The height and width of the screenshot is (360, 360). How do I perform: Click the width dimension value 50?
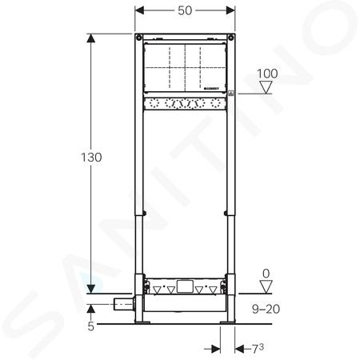(185, 10)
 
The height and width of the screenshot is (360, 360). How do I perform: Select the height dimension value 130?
(91, 158)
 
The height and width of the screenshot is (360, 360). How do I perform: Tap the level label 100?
(267, 74)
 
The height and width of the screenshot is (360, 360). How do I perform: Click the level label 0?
(266, 274)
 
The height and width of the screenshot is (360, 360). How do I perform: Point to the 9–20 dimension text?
(266, 309)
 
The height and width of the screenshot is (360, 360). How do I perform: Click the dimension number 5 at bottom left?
(91, 326)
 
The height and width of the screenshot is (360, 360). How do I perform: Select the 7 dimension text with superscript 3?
(258, 348)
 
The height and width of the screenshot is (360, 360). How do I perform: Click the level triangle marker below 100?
(266, 87)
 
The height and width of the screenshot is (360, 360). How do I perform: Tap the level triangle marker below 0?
(266, 287)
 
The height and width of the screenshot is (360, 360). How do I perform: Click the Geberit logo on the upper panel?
(211, 89)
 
